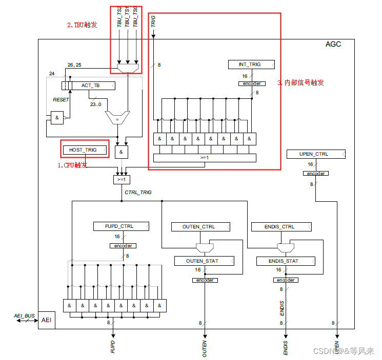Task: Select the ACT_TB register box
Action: click(92, 85)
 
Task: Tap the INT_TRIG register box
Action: click(251, 65)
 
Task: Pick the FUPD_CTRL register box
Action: click(121, 226)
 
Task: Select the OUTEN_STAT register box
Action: click(204, 261)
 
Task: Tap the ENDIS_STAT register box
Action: click(285, 261)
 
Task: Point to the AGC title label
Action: click(333, 44)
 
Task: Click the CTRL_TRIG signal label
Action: click(138, 193)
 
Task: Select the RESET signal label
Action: click(61, 100)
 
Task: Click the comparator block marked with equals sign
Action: click(117, 118)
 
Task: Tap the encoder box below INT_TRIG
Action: click(251, 83)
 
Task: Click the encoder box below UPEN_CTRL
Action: click(315, 173)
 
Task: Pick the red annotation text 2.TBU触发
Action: click(82, 25)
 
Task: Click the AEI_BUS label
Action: click(24, 316)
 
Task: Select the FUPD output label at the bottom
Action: click(112, 347)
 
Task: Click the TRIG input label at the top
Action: click(153, 21)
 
